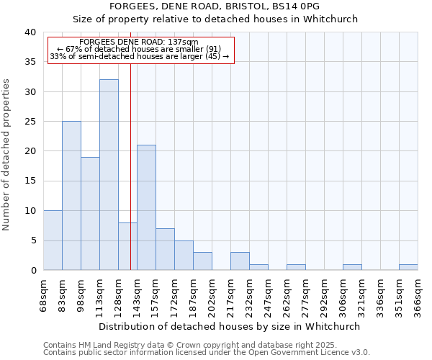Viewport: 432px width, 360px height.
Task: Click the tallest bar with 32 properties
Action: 109,175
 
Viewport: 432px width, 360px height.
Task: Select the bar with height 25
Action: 71,196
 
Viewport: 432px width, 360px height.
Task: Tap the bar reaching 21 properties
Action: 146,207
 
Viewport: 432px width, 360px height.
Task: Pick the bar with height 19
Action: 90,214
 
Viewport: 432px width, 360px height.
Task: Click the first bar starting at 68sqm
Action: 53,240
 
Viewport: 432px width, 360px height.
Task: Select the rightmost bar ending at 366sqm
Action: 408,267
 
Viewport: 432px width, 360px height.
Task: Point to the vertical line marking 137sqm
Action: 130,166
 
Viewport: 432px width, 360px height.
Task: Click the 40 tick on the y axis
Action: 30,32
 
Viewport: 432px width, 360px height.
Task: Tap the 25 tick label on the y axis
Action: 30,122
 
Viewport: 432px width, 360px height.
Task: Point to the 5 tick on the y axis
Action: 33,240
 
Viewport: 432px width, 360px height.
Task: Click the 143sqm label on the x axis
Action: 137,294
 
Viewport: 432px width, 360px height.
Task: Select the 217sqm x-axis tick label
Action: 230,294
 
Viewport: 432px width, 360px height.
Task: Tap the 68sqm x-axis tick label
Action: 43,294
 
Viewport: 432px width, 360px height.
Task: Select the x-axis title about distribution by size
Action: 229,326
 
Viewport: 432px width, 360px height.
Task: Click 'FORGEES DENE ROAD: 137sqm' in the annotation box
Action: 139,42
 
